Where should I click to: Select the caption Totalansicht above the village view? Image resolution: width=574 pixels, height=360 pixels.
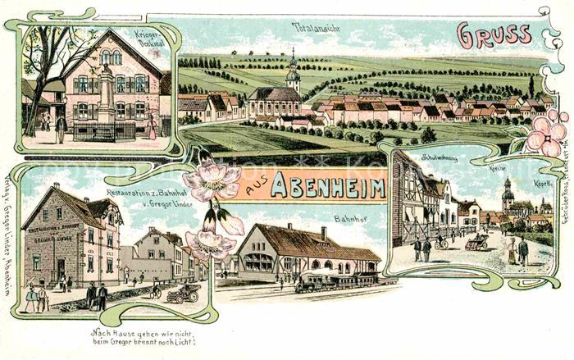click(x=317, y=27)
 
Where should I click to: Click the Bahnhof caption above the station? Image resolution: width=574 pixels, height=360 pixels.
click(x=349, y=219)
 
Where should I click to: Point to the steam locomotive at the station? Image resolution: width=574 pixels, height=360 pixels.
click(x=312, y=282)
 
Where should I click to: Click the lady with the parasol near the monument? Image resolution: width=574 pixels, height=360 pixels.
click(x=151, y=125)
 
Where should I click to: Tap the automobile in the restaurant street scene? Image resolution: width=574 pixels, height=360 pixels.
click(x=183, y=294)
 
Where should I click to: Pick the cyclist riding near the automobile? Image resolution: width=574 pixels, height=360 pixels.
click(x=156, y=290)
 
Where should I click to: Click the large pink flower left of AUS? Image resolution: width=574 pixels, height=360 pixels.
click(x=212, y=180)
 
